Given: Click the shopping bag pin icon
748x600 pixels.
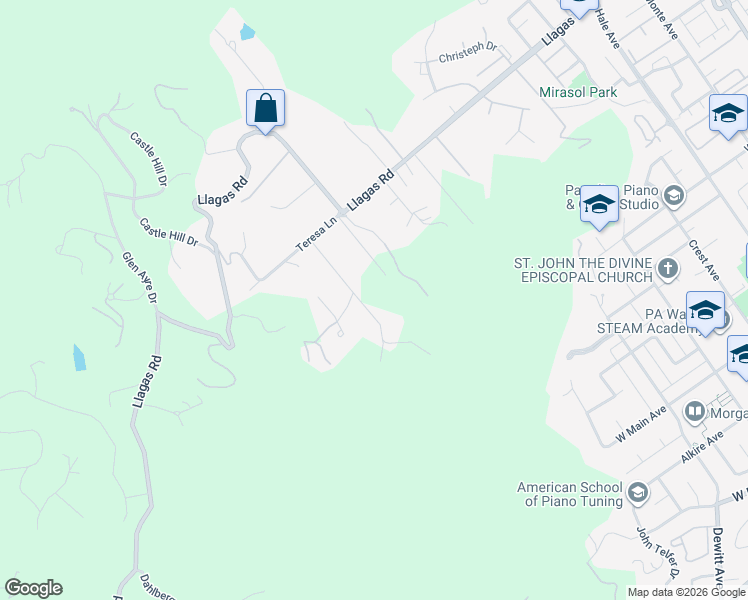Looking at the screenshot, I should click(265, 108).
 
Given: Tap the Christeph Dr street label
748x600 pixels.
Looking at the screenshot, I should click(467, 53).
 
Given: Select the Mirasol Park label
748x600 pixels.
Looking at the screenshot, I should click(578, 92).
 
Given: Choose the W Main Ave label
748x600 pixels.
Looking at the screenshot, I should click(641, 425).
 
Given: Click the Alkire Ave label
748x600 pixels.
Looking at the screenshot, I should click(701, 446).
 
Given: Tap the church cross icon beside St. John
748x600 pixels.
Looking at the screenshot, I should click(668, 268).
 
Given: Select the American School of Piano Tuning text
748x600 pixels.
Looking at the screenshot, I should click(569, 494).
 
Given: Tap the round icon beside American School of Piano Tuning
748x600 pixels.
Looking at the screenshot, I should click(639, 493).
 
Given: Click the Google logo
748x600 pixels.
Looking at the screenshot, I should click(33, 588).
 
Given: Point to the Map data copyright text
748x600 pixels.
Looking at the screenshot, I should click(687, 592).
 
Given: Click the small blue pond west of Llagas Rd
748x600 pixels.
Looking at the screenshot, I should click(79, 357).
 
